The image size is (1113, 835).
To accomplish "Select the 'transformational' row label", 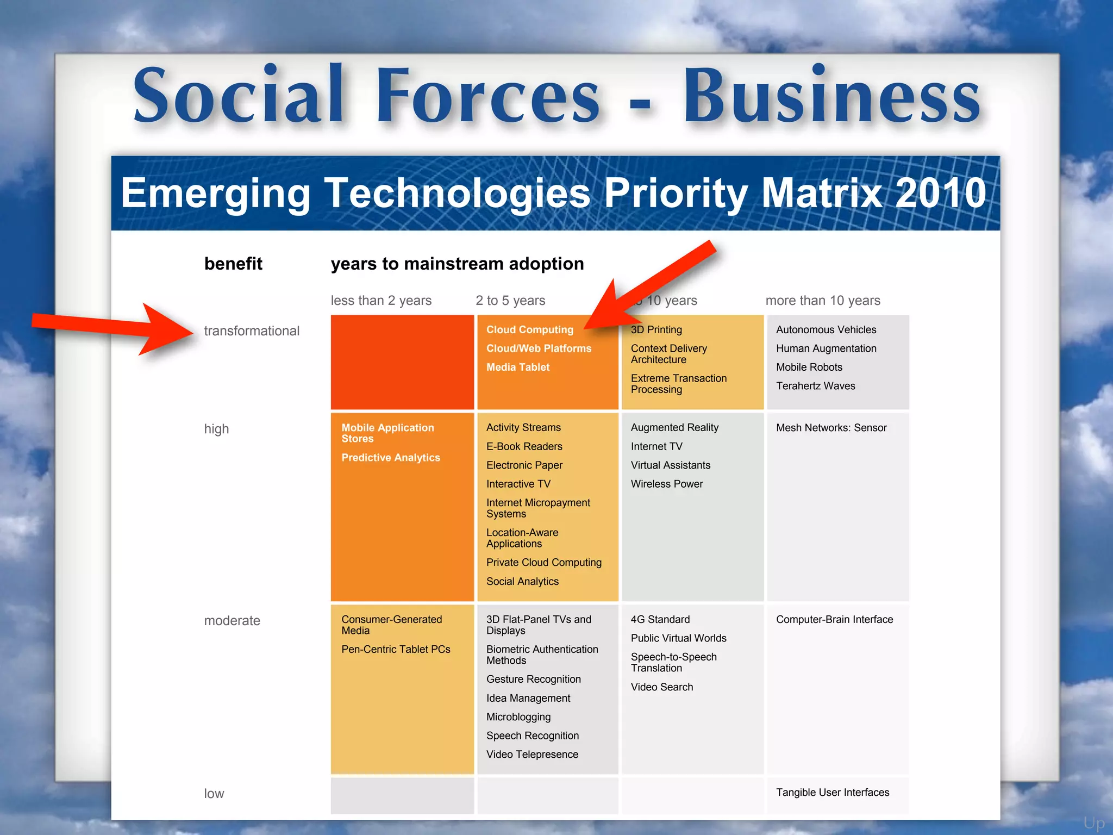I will click(252, 331).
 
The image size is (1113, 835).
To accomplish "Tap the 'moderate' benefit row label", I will click(232, 621).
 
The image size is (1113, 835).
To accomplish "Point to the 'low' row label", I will click(214, 794).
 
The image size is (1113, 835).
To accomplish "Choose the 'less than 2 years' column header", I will click(381, 301).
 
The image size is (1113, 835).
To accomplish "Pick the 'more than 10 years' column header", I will click(823, 301).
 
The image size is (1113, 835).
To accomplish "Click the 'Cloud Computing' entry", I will click(530, 330).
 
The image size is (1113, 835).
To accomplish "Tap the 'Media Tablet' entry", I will click(518, 367).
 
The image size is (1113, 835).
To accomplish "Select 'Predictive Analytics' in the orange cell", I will click(391, 458).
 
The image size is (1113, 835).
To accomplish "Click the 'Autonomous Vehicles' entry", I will click(826, 330).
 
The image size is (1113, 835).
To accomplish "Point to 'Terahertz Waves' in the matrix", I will click(815, 386).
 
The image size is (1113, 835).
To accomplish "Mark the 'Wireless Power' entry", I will click(667, 484).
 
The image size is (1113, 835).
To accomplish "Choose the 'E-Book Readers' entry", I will click(524, 446).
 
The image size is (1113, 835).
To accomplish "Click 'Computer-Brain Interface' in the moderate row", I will click(834, 620).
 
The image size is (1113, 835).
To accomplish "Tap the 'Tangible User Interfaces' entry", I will click(833, 793).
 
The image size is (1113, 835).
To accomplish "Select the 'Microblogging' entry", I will click(518, 717).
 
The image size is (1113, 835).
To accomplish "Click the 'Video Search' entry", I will click(662, 687).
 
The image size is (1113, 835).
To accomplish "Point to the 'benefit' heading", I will click(233, 264).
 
